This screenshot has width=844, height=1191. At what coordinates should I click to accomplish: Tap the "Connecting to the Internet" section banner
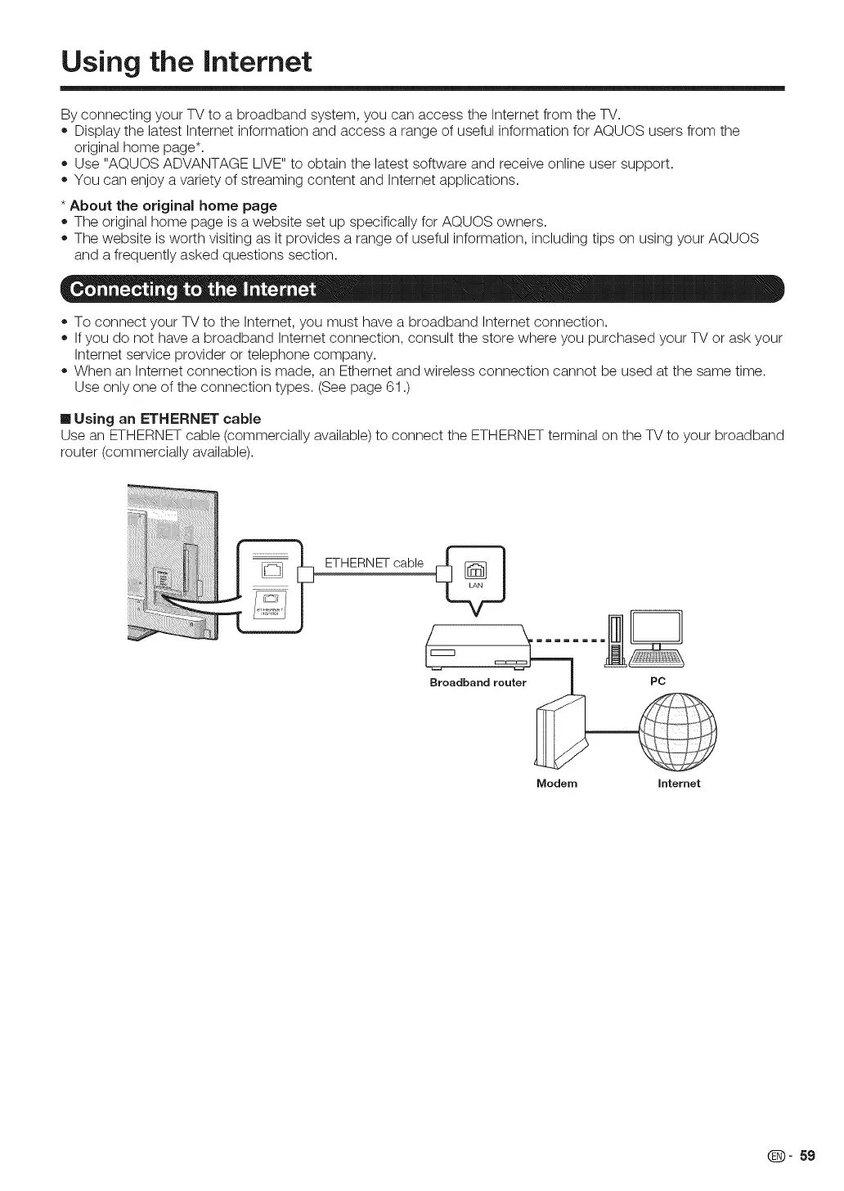click(x=193, y=290)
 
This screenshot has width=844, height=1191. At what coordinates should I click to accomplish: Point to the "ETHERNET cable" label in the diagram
click(x=374, y=563)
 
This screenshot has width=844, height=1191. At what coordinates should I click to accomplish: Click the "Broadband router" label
click(x=478, y=682)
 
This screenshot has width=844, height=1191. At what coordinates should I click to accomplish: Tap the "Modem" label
click(x=557, y=783)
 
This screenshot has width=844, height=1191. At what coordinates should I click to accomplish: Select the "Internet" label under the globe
click(x=679, y=783)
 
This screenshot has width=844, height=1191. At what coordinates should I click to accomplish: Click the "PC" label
click(x=658, y=681)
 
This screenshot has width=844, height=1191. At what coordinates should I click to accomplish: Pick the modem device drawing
click(x=559, y=732)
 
